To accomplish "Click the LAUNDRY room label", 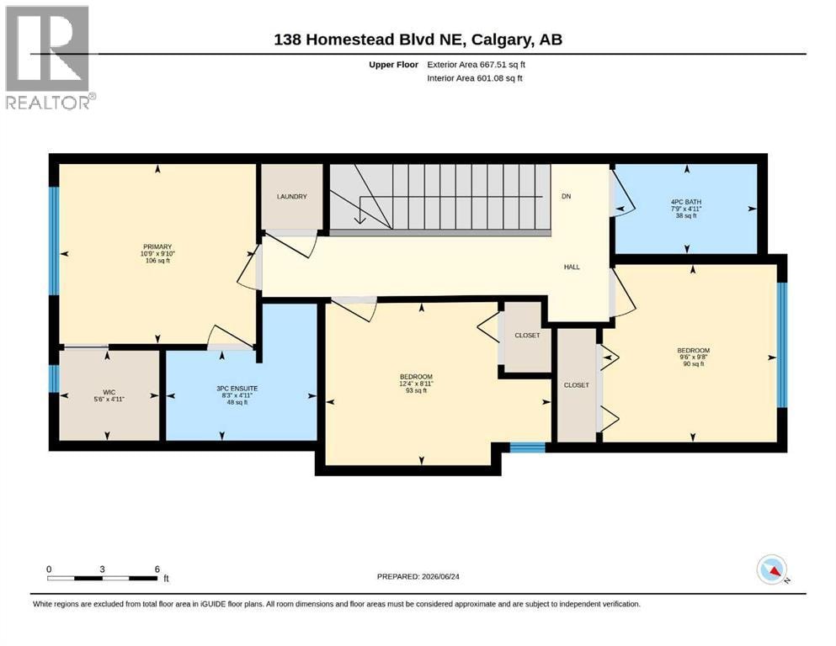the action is [291, 197].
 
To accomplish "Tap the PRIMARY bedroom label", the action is [157, 246].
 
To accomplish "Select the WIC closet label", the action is [109, 392].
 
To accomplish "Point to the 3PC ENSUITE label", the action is [237, 389].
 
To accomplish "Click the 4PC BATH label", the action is [686, 202].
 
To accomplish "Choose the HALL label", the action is [572, 267].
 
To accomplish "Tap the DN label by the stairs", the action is [567, 196].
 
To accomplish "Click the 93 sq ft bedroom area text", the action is [416, 390].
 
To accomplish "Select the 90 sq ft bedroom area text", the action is [694, 364].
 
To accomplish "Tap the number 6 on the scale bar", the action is [157, 569].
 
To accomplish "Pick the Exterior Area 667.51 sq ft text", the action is [477, 65].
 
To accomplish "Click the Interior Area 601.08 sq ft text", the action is [475, 78].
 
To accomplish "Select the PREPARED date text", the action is [418, 576].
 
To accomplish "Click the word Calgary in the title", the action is [501, 40].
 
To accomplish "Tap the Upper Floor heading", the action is [393, 65].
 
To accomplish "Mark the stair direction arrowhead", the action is [360, 220].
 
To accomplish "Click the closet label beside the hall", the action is [527, 336].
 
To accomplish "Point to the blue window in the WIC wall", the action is [54, 379].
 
